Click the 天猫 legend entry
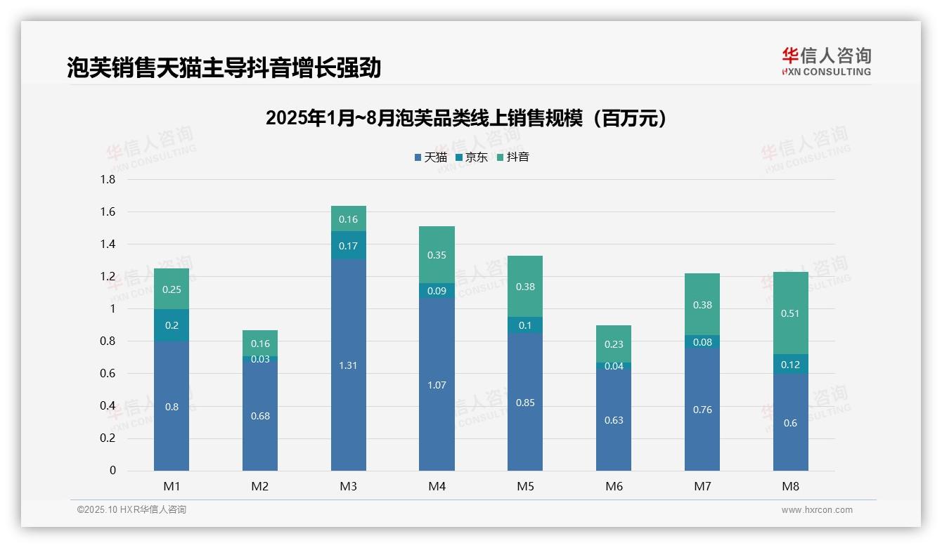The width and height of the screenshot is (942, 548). tap(431, 157)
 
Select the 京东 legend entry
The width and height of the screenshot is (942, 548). tap(472, 157)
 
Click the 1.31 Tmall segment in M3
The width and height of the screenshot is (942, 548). tap(349, 365)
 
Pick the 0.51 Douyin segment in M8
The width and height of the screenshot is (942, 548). tap(790, 313)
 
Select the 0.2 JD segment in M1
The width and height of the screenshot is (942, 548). tap(172, 325)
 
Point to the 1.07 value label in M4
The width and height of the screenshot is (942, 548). tap(437, 385)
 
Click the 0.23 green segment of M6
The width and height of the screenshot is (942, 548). tap(614, 344)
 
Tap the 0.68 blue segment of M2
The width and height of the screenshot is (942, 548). tap(260, 415)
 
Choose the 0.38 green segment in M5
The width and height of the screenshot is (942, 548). tap(525, 287)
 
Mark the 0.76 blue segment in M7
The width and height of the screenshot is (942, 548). tap(702, 410)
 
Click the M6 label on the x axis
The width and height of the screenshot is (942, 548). tap(614, 486)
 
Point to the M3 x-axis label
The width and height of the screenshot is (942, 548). tap(349, 486)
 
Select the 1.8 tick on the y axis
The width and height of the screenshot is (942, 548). tap(108, 180)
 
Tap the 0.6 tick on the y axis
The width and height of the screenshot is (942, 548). tap(108, 374)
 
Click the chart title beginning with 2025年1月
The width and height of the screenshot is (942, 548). tap(466, 118)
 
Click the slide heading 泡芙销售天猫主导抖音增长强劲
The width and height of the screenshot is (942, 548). tap(224, 67)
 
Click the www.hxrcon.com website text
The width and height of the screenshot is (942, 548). tap(817, 510)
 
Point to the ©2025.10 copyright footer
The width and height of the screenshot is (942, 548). tap(131, 510)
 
